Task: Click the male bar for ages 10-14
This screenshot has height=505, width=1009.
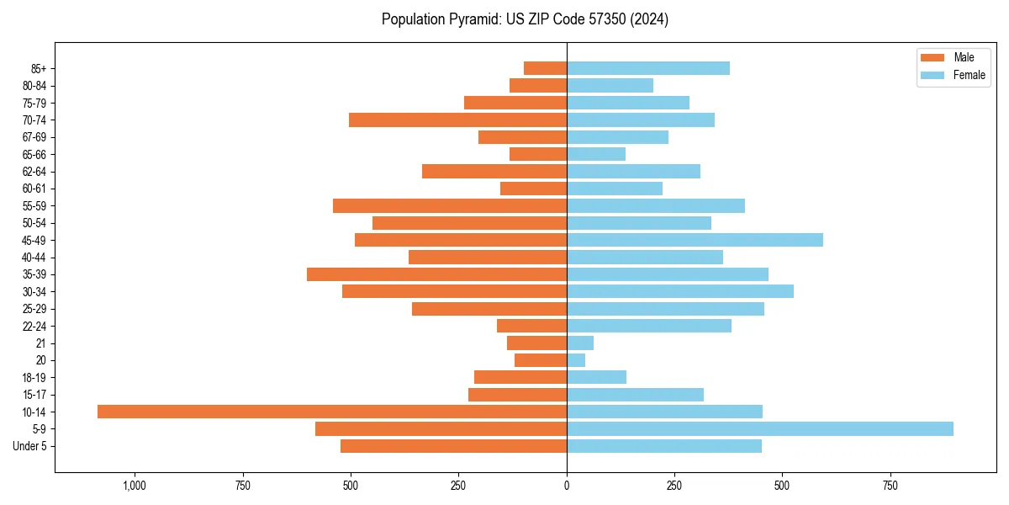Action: pos(332,412)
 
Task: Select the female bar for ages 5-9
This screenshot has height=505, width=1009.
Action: pos(760,428)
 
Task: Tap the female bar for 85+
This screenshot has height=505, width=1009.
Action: pos(648,68)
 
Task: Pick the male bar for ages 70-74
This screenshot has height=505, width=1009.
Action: pos(458,120)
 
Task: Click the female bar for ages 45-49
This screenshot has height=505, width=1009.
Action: pos(695,240)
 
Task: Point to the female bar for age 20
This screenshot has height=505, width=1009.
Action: pos(576,360)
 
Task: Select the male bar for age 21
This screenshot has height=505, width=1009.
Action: pos(537,343)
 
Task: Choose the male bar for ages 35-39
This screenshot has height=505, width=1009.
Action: pos(437,274)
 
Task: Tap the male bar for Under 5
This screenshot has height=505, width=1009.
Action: pos(454,446)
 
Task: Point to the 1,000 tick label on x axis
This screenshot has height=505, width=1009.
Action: pos(135,486)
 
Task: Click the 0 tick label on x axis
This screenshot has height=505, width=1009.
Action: pos(567,486)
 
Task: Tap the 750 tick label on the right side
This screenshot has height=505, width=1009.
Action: pos(890,486)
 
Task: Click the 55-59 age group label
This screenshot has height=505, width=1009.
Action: pos(33,206)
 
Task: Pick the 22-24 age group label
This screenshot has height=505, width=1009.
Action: pos(33,327)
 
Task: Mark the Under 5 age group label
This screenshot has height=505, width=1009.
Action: pos(29,446)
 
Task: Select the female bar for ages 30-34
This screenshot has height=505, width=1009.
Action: pos(680,291)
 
